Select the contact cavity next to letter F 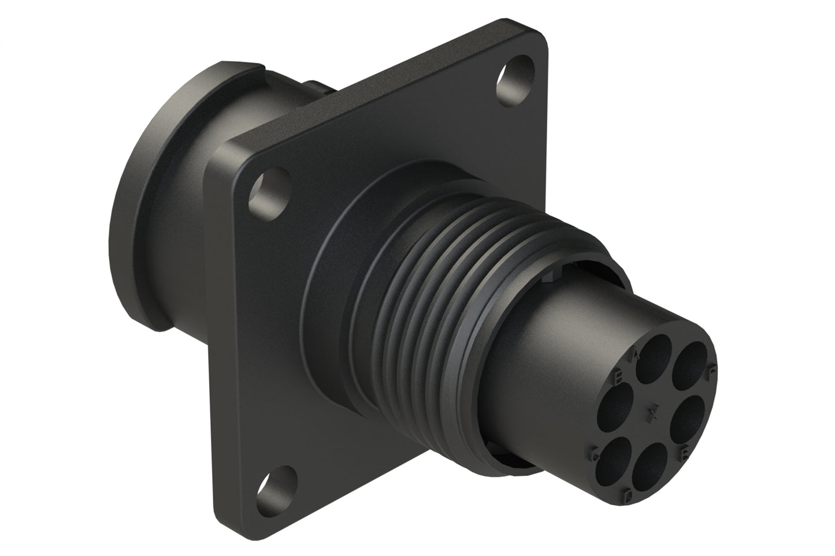click(x=691, y=365)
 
